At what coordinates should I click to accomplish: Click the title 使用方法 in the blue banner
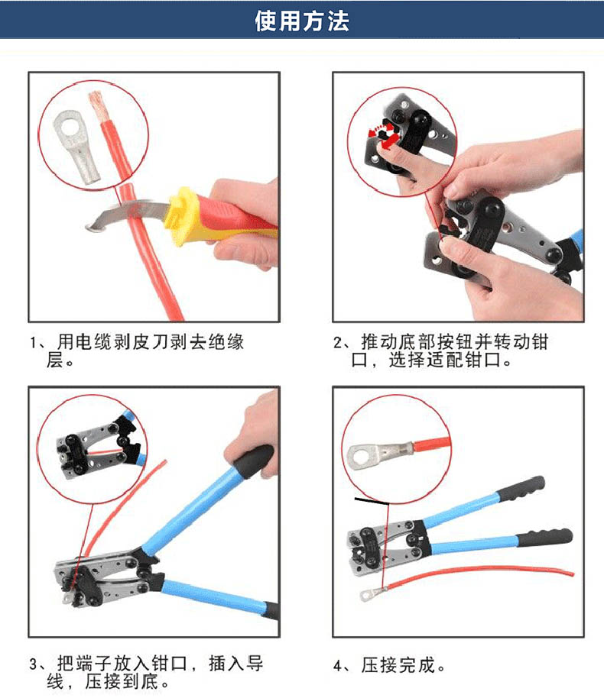point(302,21)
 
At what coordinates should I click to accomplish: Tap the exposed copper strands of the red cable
point(98,106)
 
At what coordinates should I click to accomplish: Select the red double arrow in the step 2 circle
point(383,134)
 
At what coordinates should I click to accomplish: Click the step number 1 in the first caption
point(34,343)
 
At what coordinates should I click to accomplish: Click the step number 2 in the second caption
point(337,343)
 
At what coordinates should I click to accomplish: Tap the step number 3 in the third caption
point(34,664)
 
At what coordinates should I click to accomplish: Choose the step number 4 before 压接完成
point(338,667)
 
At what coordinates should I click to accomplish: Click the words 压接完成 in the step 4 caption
point(398,665)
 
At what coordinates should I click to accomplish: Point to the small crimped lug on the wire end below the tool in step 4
point(372,593)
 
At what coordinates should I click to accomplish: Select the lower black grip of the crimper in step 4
point(545,538)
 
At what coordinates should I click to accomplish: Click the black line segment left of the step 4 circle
point(372,501)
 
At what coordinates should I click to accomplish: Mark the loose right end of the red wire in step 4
point(573,574)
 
